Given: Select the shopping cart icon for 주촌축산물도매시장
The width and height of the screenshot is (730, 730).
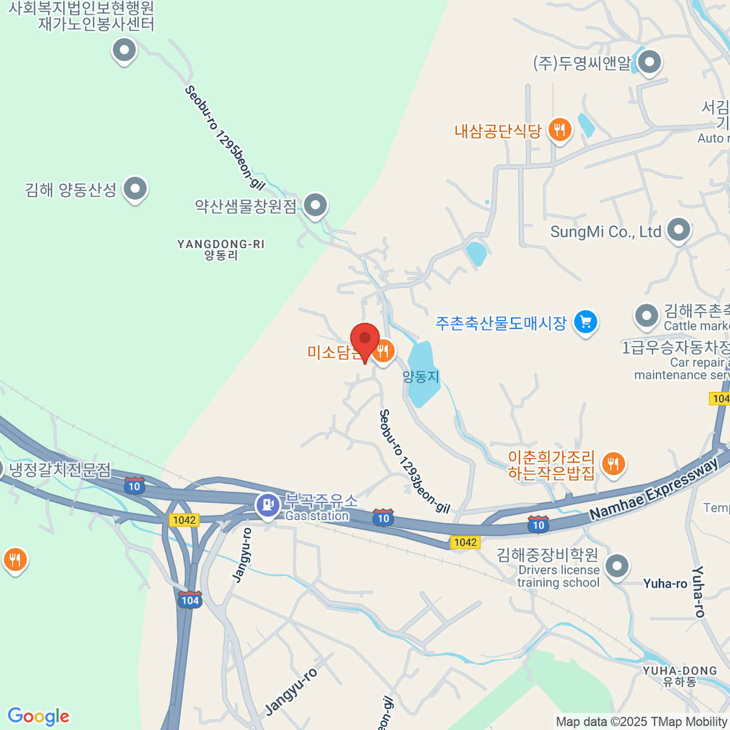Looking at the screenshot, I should click(x=586, y=322).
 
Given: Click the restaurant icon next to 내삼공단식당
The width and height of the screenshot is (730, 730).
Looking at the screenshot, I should click(x=559, y=130).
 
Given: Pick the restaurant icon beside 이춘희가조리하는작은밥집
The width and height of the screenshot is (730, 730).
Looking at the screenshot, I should click(x=613, y=464).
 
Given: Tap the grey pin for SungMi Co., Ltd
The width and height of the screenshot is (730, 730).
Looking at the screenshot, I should click(x=678, y=231).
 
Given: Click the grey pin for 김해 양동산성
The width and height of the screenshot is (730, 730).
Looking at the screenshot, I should click(x=134, y=189).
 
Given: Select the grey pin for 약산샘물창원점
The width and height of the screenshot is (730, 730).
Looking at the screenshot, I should click(x=315, y=206).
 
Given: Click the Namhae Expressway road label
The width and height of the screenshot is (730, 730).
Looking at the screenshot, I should click(x=655, y=490).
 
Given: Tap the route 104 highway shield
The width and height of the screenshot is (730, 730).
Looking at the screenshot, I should click(x=190, y=600).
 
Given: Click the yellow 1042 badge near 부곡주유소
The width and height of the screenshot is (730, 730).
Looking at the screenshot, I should click(x=184, y=520).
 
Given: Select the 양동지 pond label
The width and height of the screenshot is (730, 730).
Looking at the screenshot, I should click(x=420, y=377).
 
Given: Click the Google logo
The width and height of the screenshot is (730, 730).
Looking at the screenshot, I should click(x=38, y=717).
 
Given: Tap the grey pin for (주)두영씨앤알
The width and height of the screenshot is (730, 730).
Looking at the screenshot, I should click(x=650, y=62).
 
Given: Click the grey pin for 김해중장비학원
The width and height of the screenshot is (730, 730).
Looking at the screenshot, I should click(x=617, y=566).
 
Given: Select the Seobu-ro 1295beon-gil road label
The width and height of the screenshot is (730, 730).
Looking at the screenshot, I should click(x=225, y=138).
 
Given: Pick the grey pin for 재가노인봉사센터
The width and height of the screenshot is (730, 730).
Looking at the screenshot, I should click(x=124, y=50).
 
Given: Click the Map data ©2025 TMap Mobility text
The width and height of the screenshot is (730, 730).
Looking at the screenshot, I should click(x=642, y=721).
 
